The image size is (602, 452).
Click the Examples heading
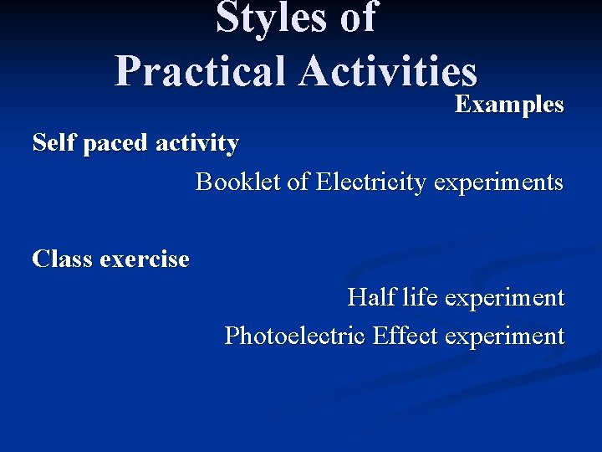click(509, 105)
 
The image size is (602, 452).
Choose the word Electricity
click(370, 182)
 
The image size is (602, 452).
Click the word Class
click(62, 259)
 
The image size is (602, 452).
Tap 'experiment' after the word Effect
click(505, 336)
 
